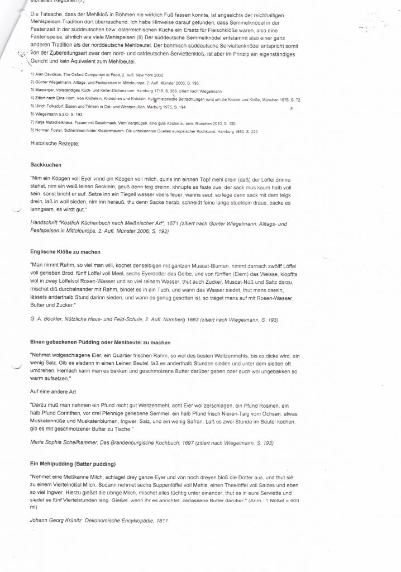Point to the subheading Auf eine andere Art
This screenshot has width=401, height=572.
pyautogui.click(x=55, y=391)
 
